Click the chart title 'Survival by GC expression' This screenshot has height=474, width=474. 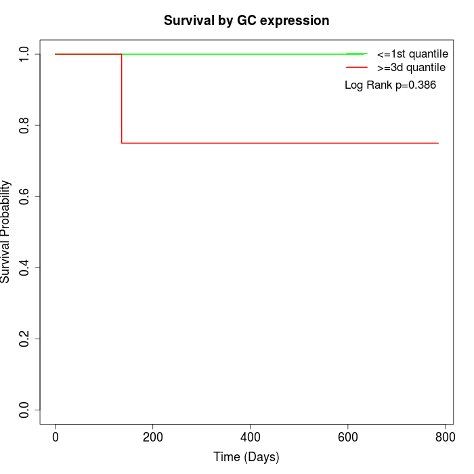click(246, 20)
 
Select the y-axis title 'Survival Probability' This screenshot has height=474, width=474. click(6, 232)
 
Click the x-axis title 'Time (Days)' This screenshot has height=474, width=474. click(246, 457)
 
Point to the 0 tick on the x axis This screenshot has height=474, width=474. click(56, 437)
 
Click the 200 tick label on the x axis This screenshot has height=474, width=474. click(153, 437)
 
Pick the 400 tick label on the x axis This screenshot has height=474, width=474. click(251, 437)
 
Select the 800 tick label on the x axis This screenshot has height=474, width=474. click(445, 437)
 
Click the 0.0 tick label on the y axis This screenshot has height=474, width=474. click(25, 410)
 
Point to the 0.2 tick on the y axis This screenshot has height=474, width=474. click(25, 339)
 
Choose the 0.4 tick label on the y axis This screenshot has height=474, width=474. click(25, 268)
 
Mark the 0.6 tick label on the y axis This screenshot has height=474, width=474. click(25, 197)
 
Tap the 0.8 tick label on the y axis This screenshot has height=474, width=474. click(25, 126)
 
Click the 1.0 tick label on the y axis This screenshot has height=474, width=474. click(25, 55)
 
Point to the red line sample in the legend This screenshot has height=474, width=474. click(357, 67)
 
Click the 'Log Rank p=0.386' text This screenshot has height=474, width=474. click(390, 85)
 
